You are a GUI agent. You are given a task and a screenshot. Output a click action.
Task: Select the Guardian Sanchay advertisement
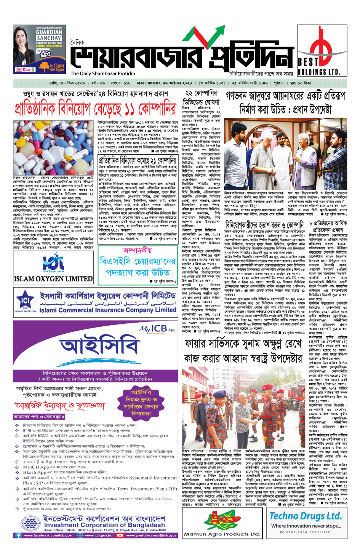(38, 50)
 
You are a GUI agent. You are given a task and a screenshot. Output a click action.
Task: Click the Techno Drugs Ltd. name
(305, 516)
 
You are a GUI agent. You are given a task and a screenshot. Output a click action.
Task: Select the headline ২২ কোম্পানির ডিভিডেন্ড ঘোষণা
(201, 98)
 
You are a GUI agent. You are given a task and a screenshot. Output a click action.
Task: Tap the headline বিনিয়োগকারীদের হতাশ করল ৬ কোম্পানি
(264, 225)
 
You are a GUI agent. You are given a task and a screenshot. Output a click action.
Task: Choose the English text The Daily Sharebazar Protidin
(103, 74)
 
